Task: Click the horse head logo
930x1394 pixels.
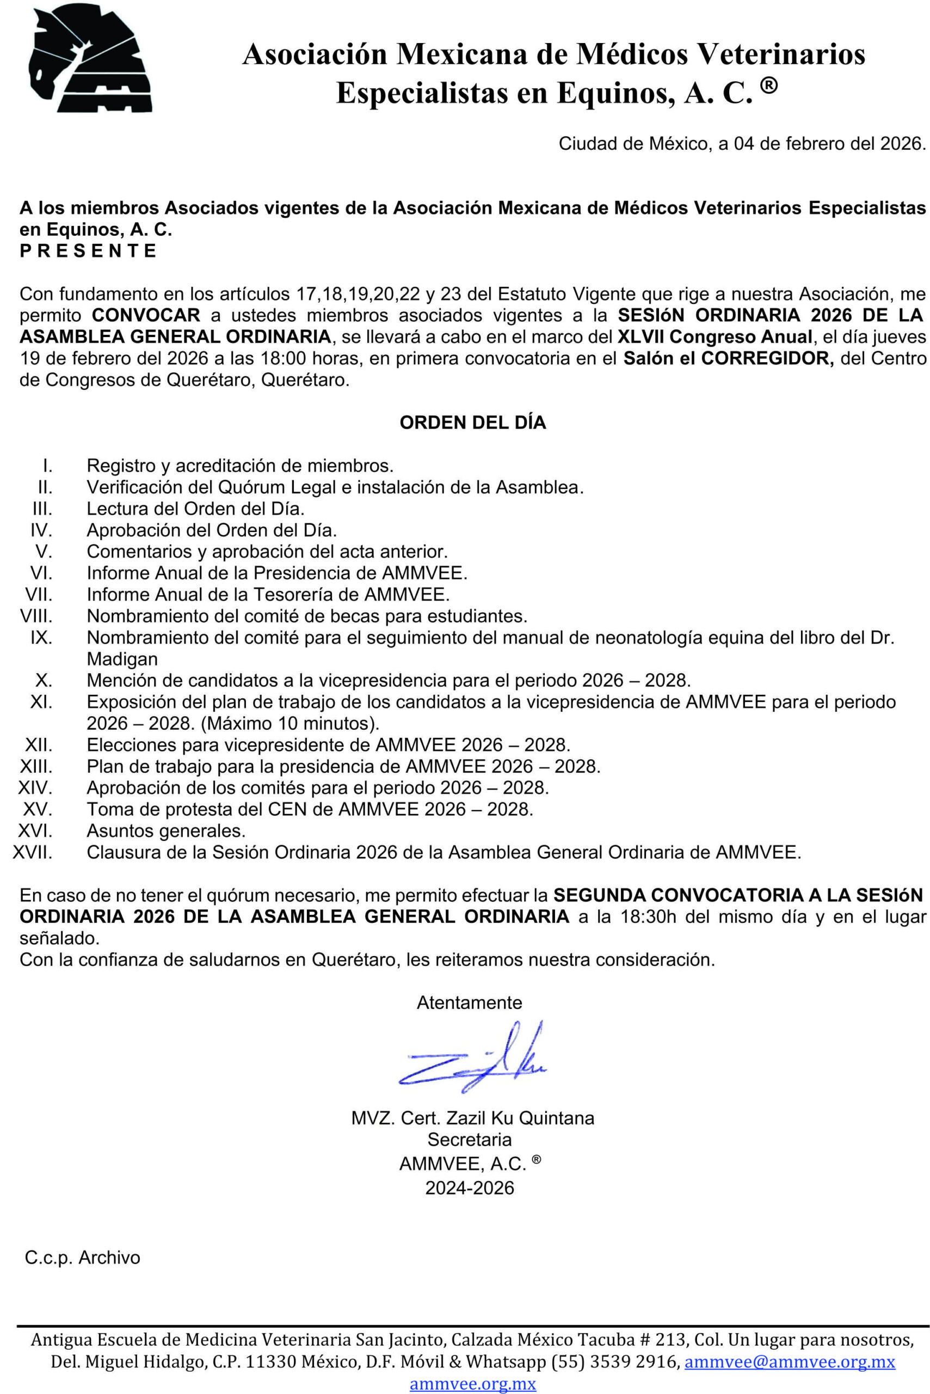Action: pos(90,58)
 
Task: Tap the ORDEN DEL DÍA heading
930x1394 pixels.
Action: pos(473,423)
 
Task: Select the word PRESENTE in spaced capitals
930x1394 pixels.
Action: pos(88,250)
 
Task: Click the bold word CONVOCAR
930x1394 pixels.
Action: pos(146,315)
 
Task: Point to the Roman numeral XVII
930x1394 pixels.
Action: pos(33,853)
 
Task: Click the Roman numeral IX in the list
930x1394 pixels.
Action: pos(41,637)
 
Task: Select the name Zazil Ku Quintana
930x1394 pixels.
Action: pos(520,1118)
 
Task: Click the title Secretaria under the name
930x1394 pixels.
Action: pos(469,1139)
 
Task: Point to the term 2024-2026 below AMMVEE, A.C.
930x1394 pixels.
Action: pos(469,1188)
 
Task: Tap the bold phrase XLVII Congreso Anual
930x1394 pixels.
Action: pos(715,337)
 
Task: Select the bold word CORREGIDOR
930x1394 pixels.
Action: pos(767,358)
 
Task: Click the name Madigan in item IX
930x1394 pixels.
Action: pos(122,659)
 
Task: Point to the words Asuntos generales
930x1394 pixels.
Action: pos(166,831)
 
